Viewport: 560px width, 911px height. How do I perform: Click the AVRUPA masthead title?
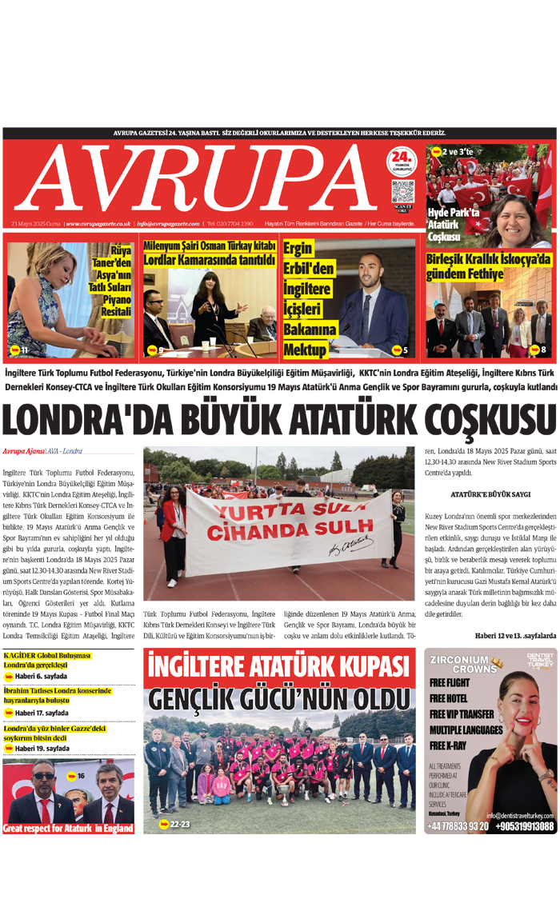(196, 180)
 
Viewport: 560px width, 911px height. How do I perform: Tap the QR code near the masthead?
(402, 192)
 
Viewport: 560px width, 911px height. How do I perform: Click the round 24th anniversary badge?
(402, 161)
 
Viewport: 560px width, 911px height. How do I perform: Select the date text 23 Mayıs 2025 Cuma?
(37, 224)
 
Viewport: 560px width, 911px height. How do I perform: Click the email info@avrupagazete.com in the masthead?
(167, 224)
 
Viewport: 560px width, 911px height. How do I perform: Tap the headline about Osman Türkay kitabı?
(209, 254)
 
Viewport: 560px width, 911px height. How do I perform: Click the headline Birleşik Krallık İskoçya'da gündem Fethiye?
(489, 268)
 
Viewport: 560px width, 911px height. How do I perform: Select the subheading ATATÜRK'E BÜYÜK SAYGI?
(490, 496)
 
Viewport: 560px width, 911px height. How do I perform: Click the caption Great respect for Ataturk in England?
(68, 828)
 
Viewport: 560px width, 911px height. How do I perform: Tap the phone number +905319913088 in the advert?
(524, 826)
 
